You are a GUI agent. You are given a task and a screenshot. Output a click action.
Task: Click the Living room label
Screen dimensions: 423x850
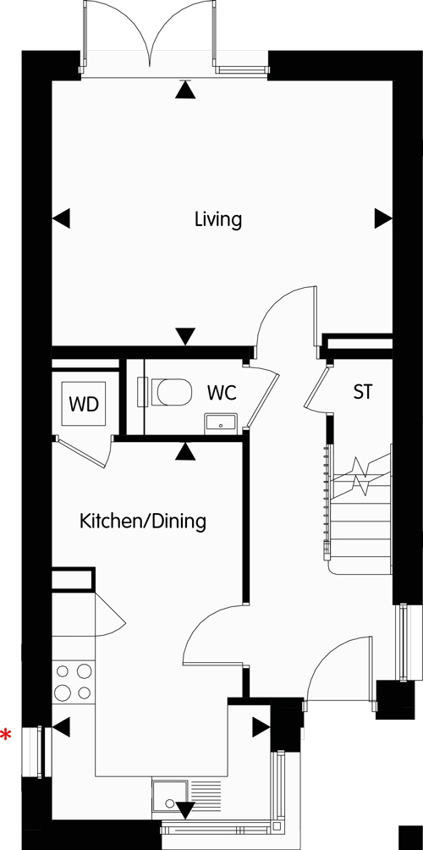(x=217, y=220)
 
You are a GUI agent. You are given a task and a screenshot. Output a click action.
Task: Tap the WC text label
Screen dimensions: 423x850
(x=222, y=393)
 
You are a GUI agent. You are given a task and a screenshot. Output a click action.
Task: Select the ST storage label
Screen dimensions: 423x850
(x=363, y=391)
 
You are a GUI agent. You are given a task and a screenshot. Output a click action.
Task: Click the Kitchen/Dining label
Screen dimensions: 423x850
(x=143, y=522)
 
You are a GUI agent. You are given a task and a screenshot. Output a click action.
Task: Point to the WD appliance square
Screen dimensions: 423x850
(x=84, y=404)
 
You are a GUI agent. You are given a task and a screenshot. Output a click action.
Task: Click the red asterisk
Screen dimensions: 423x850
(x=5, y=736)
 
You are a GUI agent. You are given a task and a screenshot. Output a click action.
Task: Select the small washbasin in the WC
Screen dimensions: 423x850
(x=221, y=422)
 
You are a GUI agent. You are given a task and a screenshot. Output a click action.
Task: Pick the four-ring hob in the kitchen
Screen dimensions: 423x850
(x=73, y=682)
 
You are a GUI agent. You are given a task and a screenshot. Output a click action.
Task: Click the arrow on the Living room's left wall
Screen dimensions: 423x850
(x=61, y=219)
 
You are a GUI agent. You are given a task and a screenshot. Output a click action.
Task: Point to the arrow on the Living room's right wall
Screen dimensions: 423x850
(x=383, y=219)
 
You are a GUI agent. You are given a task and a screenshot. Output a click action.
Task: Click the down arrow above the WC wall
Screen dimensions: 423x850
(x=185, y=336)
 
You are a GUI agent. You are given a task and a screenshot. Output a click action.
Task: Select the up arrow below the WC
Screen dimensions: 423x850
(x=185, y=451)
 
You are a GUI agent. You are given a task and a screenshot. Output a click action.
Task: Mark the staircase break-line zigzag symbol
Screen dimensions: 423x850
(x=360, y=476)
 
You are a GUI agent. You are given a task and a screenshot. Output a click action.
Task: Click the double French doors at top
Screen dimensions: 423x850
(x=149, y=38)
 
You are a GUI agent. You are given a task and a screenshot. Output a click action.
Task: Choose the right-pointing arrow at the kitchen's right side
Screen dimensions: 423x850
(x=261, y=727)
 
